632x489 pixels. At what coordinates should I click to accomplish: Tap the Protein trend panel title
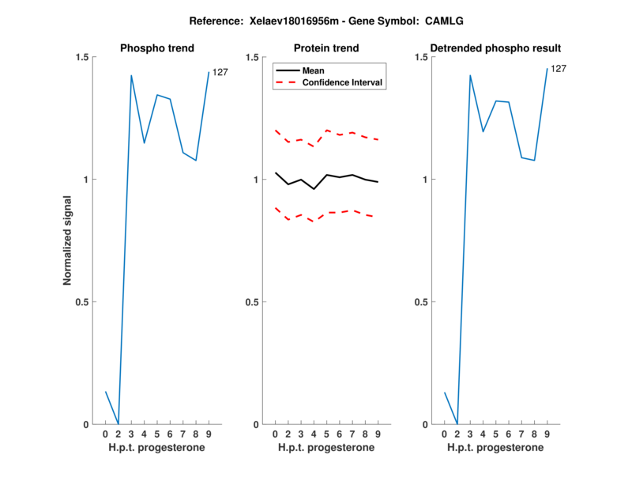tap(326, 48)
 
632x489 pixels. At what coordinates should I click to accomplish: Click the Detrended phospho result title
tap(495, 48)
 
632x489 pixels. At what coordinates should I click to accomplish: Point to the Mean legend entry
tap(314, 70)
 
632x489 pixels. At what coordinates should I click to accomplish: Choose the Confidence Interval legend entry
tap(343, 82)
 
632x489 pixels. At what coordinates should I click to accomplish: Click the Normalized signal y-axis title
tap(69, 241)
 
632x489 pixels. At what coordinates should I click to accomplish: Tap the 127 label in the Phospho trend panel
tap(220, 73)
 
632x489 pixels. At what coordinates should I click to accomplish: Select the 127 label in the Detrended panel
tap(559, 69)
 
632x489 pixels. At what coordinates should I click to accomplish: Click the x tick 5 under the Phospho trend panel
tap(156, 434)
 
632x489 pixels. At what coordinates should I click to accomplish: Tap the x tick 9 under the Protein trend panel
tap(378, 434)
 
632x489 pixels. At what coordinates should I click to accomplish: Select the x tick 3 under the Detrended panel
tap(470, 434)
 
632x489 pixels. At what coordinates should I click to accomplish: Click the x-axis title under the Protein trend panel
tap(326, 447)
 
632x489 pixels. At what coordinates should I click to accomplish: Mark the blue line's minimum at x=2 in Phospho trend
tap(118, 423)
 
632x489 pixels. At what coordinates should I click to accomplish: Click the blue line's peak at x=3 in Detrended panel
tap(470, 76)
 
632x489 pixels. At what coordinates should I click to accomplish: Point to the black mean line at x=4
tap(314, 189)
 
